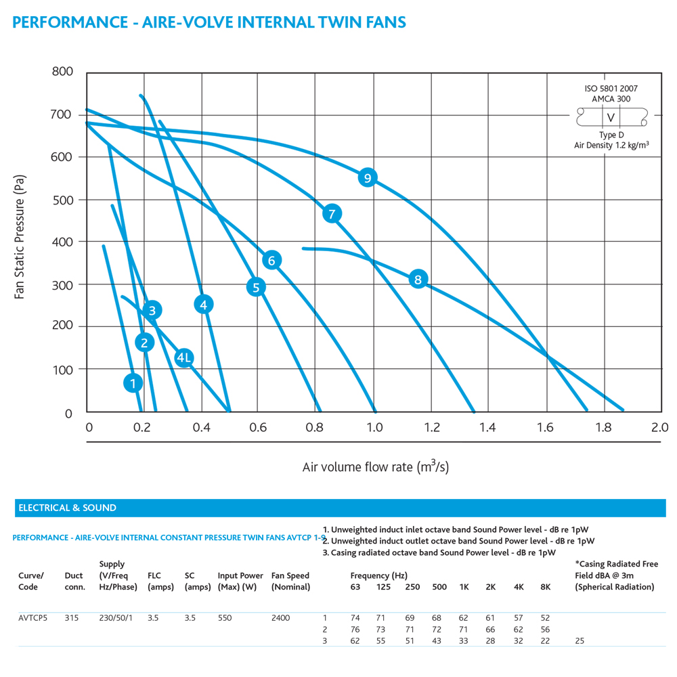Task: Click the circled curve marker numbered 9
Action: point(368,177)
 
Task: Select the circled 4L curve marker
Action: point(184,357)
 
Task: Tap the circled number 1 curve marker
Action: point(133,383)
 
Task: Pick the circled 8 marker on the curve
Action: point(418,280)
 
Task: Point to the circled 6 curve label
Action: point(271,261)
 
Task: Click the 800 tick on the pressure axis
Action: point(62,71)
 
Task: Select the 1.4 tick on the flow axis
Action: point(487,427)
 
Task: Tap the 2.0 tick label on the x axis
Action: point(659,427)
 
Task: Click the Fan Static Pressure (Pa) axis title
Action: point(20,236)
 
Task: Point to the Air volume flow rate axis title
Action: point(376,466)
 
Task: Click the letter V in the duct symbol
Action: point(611,117)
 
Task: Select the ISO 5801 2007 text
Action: point(611,89)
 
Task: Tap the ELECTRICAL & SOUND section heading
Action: point(67,508)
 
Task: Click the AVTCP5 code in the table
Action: point(32,618)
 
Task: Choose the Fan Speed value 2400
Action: point(281,618)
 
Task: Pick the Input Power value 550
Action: point(225,618)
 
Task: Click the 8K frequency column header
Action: point(545,587)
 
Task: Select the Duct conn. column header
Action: point(74,581)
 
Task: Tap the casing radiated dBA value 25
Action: point(580,640)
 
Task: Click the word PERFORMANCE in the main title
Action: point(70,22)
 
